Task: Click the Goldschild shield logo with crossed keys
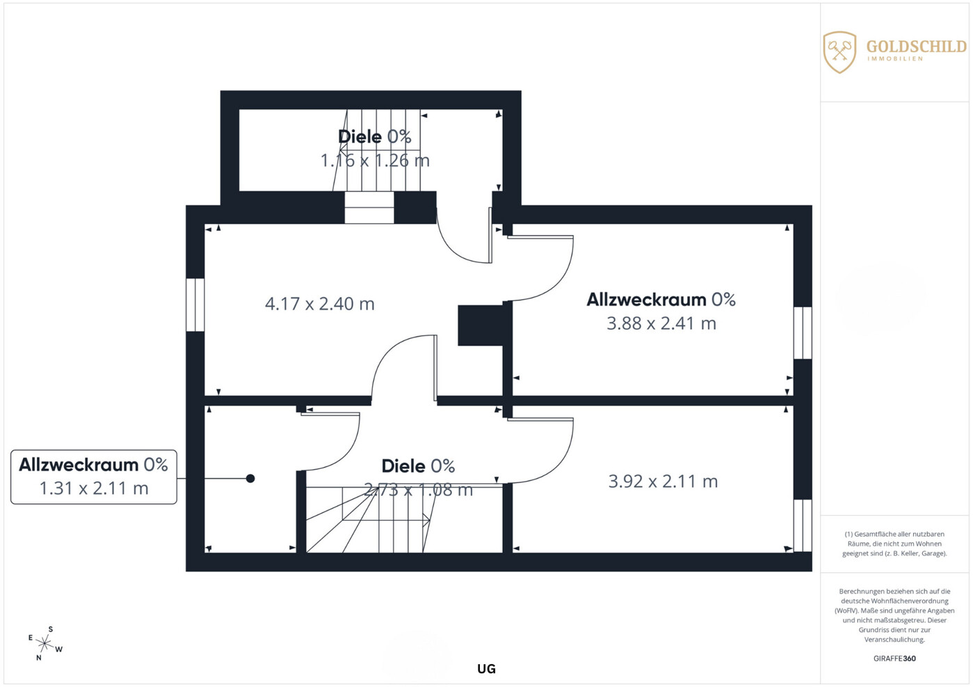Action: click(x=839, y=52)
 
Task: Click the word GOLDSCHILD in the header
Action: click(x=917, y=47)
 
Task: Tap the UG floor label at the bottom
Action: click(x=486, y=669)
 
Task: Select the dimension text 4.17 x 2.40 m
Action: click(x=320, y=304)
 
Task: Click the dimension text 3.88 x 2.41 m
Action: click(x=661, y=323)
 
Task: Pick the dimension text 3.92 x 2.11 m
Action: click(x=663, y=481)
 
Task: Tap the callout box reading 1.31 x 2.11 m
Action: click(x=94, y=477)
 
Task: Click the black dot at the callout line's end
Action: click(x=250, y=478)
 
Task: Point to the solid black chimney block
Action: click(x=481, y=325)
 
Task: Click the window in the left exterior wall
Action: click(x=195, y=305)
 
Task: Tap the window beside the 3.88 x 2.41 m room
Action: click(x=803, y=333)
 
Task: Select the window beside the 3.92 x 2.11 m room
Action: click(x=803, y=526)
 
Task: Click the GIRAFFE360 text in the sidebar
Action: click(x=894, y=658)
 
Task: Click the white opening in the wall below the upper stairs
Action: click(x=369, y=208)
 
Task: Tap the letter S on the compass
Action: click(x=51, y=629)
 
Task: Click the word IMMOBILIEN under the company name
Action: click(x=895, y=58)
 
